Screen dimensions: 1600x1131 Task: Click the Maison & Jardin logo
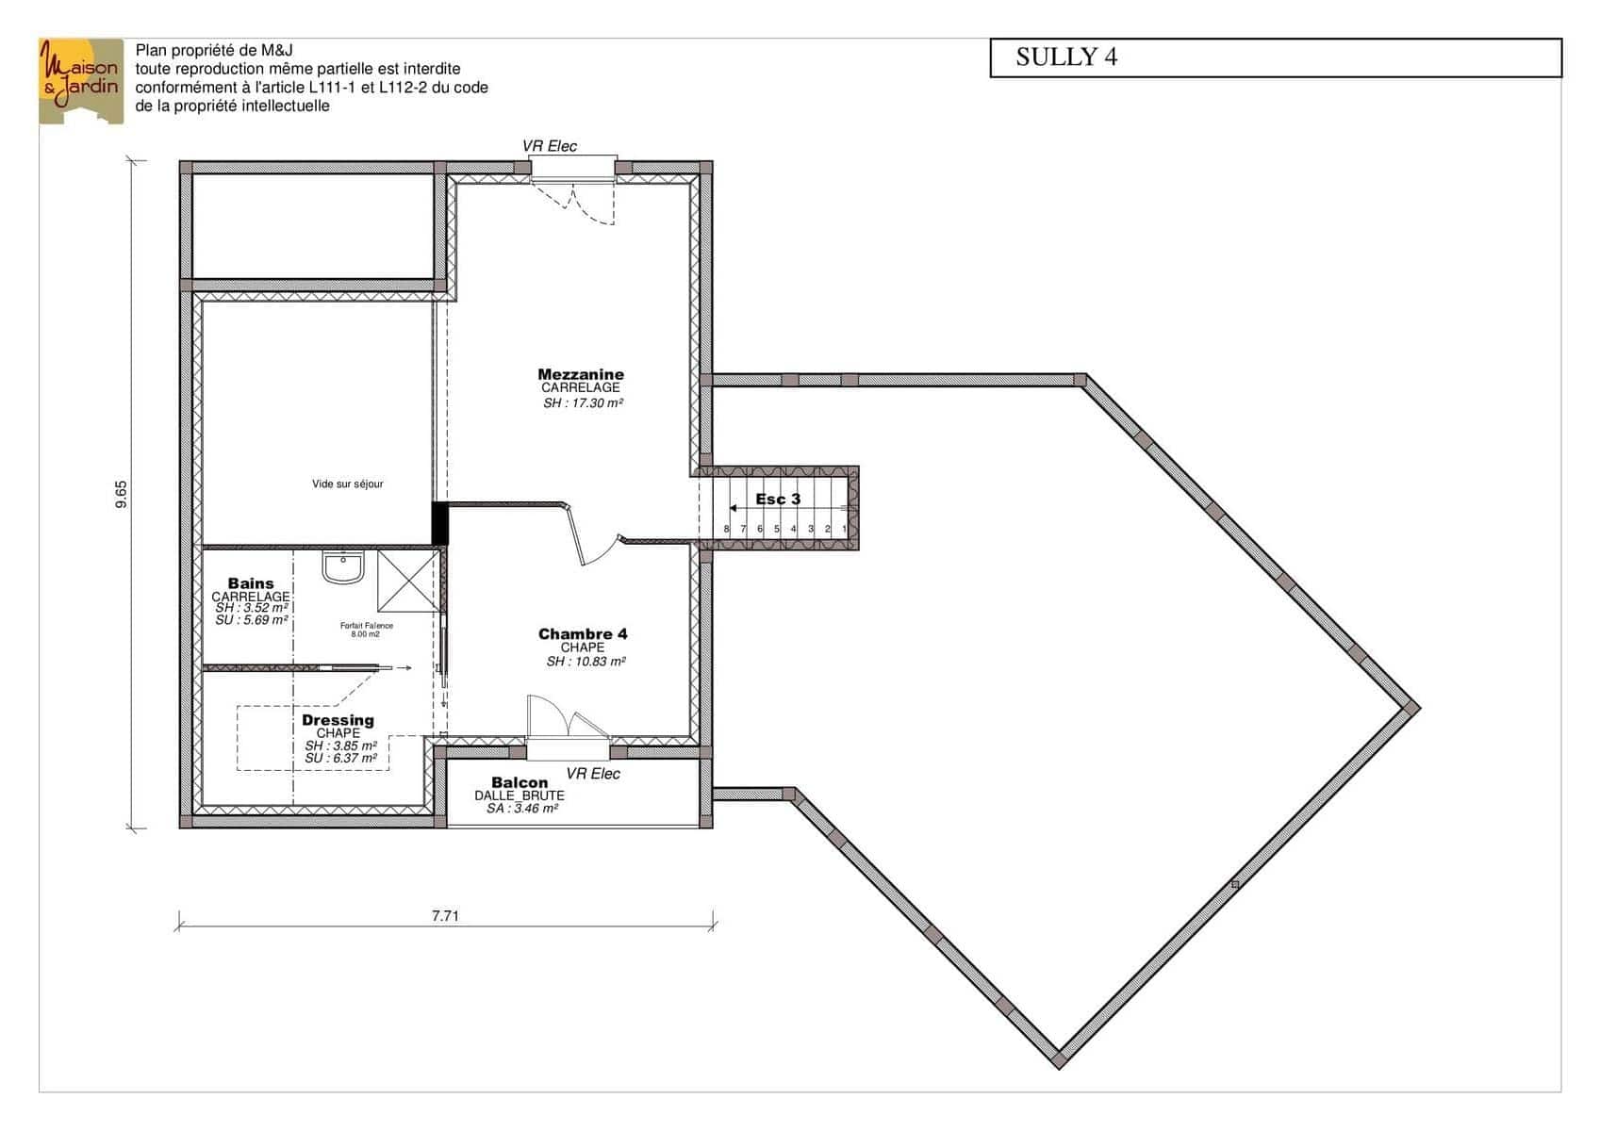click(x=81, y=81)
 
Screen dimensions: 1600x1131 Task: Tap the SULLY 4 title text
click(x=1066, y=57)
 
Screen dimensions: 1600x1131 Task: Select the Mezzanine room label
click(x=581, y=374)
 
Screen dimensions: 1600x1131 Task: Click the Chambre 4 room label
click(x=583, y=634)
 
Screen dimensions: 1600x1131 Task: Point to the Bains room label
click(x=251, y=583)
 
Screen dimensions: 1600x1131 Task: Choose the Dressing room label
click(x=338, y=720)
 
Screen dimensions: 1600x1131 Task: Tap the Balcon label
click(x=520, y=782)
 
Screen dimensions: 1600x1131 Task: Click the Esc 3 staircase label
click(x=778, y=500)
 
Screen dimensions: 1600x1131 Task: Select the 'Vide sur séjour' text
click(x=348, y=484)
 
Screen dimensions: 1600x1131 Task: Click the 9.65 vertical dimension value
click(x=122, y=494)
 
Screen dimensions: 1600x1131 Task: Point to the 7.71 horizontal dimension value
click(x=445, y=915)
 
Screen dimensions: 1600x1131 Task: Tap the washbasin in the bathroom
click(x=343, y=567)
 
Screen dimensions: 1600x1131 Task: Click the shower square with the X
click(x=408, y=581)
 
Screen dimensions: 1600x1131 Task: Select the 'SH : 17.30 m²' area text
click(x=583, y=402)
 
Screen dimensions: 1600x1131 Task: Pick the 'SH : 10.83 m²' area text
click(x=586, y=662)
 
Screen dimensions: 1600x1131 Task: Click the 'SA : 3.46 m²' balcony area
click(x=522, y=809)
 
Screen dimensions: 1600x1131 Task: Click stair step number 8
click(x=726, y=529)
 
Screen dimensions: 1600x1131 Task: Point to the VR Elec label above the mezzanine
click(x=550, y=146)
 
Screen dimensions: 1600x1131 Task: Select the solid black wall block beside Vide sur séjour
click(x=440, y=523)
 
